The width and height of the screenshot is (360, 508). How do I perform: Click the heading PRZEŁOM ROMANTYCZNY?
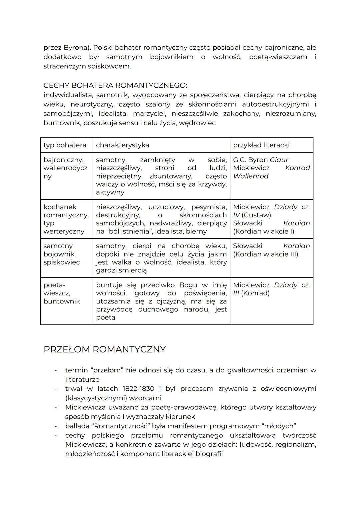[x=105, y=349]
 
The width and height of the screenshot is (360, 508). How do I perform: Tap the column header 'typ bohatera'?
[x=65, y=145]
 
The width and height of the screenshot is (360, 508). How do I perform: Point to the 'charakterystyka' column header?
[x=122, y=145]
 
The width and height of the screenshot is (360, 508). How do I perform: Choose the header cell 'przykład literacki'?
[x=261, y=145]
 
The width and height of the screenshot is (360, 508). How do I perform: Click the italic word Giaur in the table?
[x=279, y=160]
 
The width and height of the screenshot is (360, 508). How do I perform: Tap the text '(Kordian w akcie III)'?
[x=265, y=254]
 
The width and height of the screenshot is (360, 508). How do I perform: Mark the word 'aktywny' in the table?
[x=110, y=192]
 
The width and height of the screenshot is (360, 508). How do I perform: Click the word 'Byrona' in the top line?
[x=76, y=48]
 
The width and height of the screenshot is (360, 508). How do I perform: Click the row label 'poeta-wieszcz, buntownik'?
[x=62, y=293]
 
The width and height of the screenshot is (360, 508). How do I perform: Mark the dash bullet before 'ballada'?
[x=56, y=426]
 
